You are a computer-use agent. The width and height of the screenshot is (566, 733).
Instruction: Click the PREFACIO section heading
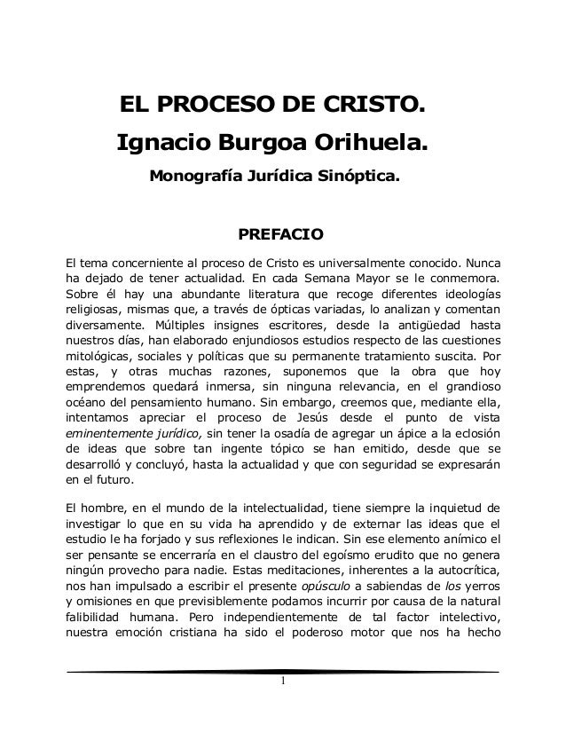click(282, 236)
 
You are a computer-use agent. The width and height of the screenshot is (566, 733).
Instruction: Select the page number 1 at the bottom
click(282, 705)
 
